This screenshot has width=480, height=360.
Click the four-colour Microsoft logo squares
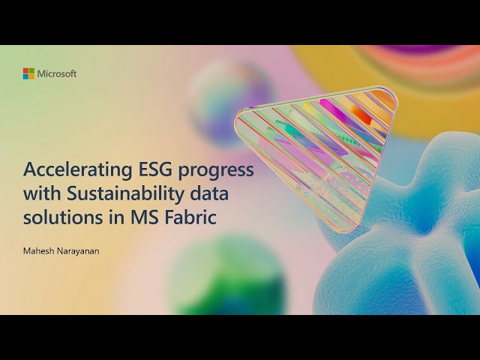click(x=28, y=73)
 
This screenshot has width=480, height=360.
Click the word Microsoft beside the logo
click(x=57, y=73)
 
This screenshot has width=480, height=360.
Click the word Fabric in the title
click(x=174, y=219)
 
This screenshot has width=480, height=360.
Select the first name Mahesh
click(x=40, y=251)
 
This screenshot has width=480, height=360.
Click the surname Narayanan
click(x=79, y=251)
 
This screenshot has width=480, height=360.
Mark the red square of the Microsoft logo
click(x=25, y=70)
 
